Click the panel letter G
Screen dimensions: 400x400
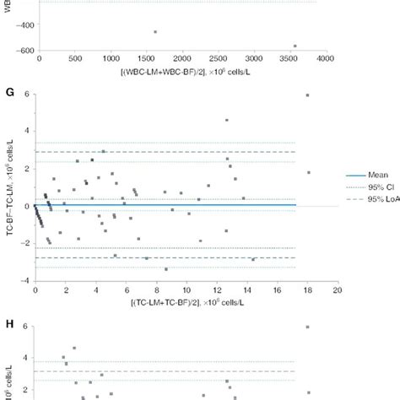[7, 85]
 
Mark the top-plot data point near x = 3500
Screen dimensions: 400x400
[295, 46]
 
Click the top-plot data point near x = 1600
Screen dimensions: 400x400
[155, 32]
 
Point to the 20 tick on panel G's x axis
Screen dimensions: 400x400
[336, 289]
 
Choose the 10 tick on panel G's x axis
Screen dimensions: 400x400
[186, 289]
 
